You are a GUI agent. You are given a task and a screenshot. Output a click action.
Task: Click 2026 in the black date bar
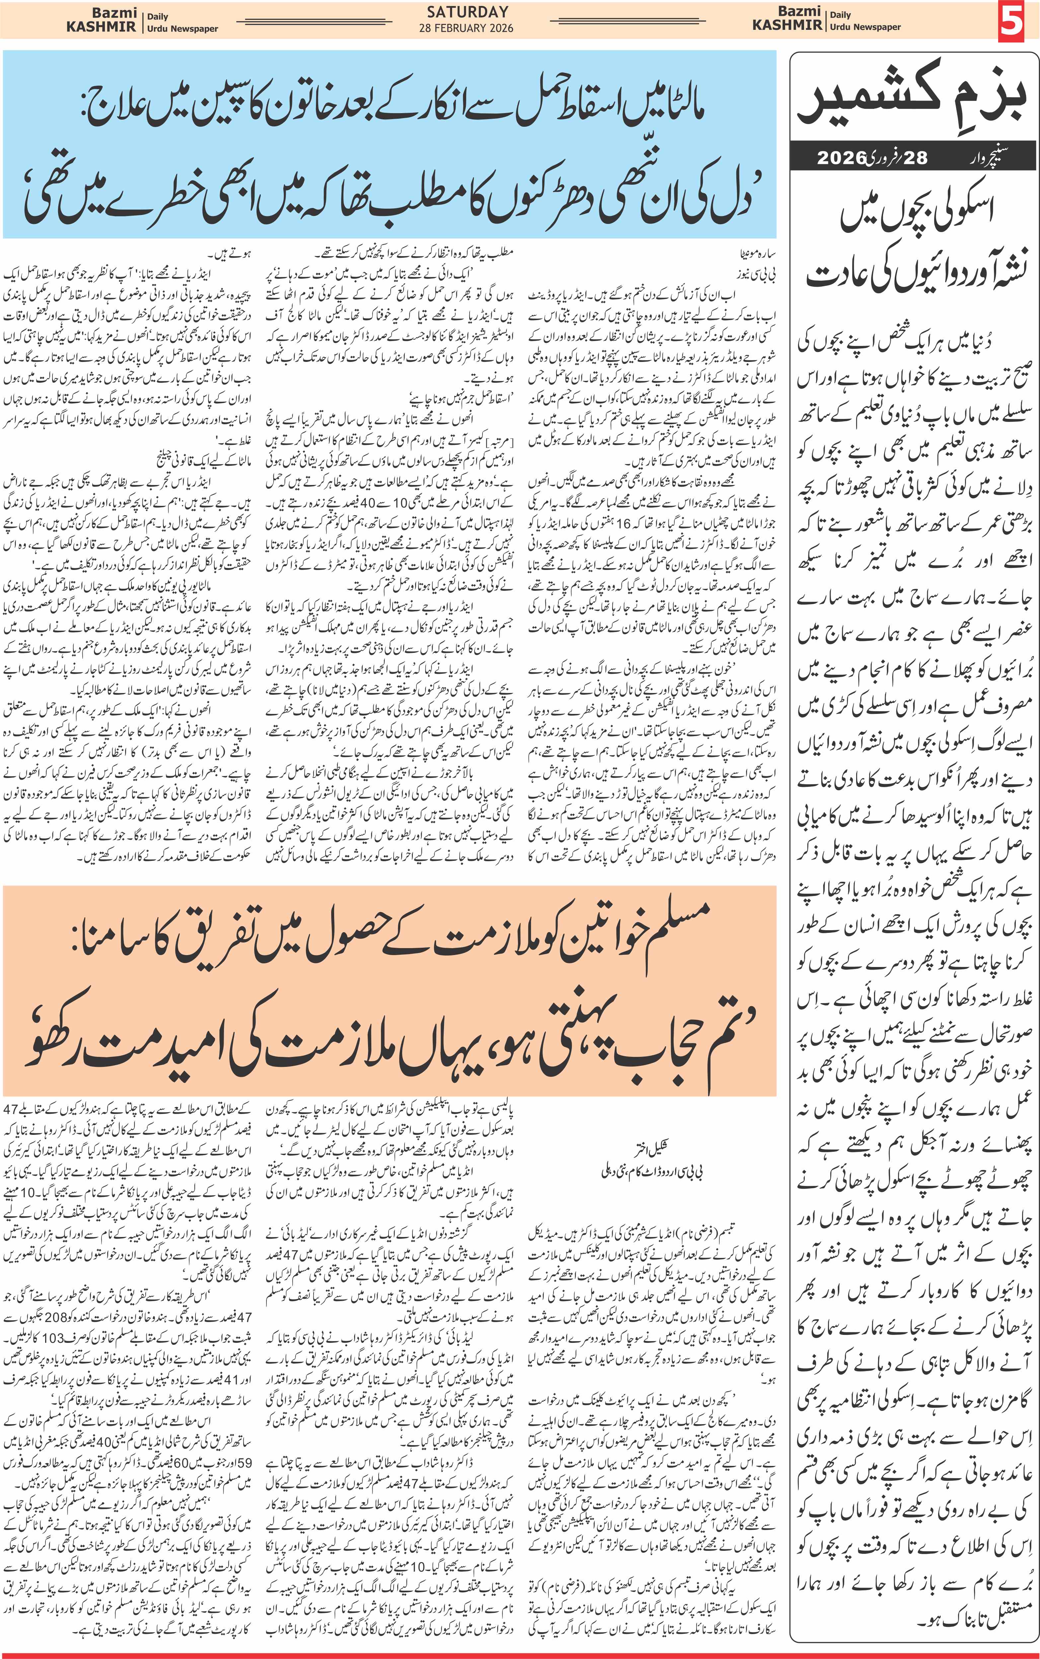[x=841, y=158]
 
